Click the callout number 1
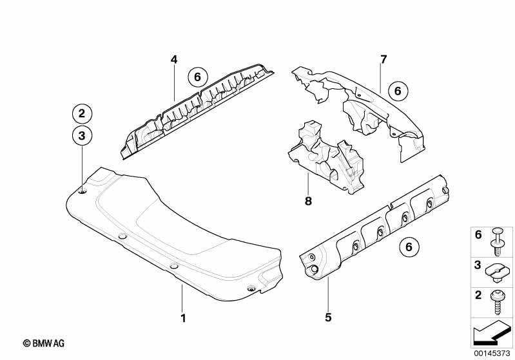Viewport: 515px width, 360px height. tap(183, 318)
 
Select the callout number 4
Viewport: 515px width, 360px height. tap(174, 60)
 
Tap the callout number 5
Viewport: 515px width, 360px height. tap(328, 317)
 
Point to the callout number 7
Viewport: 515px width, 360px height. tap(384, 59)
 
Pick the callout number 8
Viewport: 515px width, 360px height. tap(308, 201)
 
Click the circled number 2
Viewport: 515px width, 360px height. tap(82, 113)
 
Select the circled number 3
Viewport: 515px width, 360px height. tap(82, 135)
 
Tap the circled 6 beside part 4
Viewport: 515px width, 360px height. tap(197, 77)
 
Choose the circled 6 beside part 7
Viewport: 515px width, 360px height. tap(398, 91)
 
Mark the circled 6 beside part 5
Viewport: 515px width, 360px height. tap(409, 247)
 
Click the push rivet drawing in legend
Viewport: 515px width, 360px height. tap(498, 242)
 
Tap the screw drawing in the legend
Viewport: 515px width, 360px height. tap(497, 302)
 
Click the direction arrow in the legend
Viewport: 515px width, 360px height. tap(492, 333)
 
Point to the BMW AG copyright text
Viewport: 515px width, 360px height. tap(44, 344)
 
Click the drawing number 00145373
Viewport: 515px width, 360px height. tap(492, 353)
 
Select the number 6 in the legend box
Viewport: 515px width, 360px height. tap(478, 234)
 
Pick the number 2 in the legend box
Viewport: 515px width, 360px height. tap(478, 295)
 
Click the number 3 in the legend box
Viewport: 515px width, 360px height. tap(478, 265)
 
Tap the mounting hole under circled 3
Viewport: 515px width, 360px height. tap(83, 192)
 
